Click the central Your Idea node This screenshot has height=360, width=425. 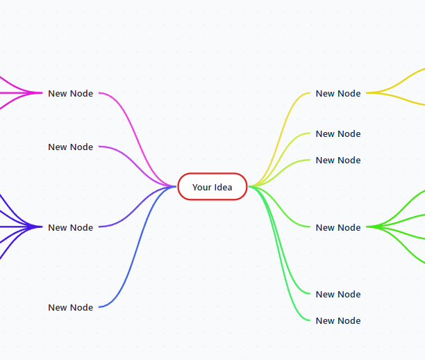point(212,187)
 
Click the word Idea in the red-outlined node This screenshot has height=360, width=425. point(224,187)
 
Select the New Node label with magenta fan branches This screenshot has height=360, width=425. point(70,93)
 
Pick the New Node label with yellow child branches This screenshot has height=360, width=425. point(338,93)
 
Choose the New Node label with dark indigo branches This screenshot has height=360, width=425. point(70,227)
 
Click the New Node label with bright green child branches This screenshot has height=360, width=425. point(338,227)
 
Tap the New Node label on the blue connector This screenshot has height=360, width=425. point(70,307)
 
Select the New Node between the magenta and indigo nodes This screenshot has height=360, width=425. point(70,147)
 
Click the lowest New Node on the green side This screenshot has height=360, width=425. point(338,320)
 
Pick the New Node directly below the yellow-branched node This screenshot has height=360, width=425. point(338,133)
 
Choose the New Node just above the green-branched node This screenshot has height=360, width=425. point(338,160)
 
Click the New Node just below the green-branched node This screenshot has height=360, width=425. point(338,294)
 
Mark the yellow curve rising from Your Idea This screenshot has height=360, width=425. point(280,140)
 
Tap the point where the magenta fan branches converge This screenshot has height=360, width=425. point(41,93)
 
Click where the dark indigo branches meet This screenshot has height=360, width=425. point(41,227)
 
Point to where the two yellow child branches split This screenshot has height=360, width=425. point(368,93)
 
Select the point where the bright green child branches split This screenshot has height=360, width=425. point(368,227)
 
